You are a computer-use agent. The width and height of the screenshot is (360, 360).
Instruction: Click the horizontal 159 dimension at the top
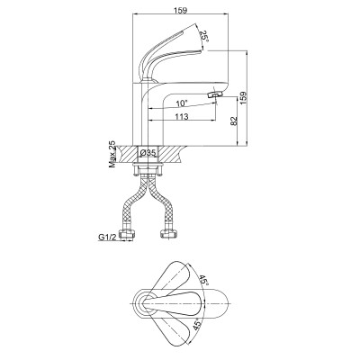181,10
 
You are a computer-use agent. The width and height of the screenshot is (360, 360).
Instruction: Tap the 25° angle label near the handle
203,37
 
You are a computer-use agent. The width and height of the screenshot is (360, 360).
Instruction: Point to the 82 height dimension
234,121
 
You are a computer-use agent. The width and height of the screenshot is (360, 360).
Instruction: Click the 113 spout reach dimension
182,116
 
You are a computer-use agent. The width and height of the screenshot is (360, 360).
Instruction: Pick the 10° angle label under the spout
182,103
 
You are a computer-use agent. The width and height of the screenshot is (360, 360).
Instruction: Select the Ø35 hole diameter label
148,153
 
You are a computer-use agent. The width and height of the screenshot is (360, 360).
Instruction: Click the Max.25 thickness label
112,154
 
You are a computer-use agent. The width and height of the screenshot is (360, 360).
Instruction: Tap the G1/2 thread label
107,237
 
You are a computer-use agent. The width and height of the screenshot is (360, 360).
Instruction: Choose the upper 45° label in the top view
202,281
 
